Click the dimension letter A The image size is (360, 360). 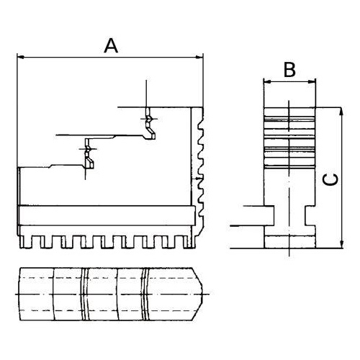[x=111, y=46]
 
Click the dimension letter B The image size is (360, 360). [x=289, y=70]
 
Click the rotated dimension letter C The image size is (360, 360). [x=330, y=179]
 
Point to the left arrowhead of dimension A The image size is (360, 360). [x=21, y=57]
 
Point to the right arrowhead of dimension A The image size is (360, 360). [x=199, y=57]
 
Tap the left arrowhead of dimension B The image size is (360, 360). [x=267, y=82]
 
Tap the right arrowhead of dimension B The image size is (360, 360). [x=312, y=82]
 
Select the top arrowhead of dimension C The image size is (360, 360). [x=342, y=111]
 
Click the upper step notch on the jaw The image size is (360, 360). [x=150, y=124]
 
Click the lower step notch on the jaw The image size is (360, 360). [x=89, y=153]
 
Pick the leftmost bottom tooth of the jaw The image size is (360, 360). [x=26, y=242]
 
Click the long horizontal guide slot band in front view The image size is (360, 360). [x=107, y=215]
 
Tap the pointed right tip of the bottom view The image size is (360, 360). [x=203, y=294]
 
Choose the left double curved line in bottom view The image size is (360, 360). [x=84, y=294]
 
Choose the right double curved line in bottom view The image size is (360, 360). [x=145, y=294]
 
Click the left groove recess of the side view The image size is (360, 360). [x=269, y=215]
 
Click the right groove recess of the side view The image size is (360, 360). [x=310, y=215]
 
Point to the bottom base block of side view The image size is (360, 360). [x=289, y=242]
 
